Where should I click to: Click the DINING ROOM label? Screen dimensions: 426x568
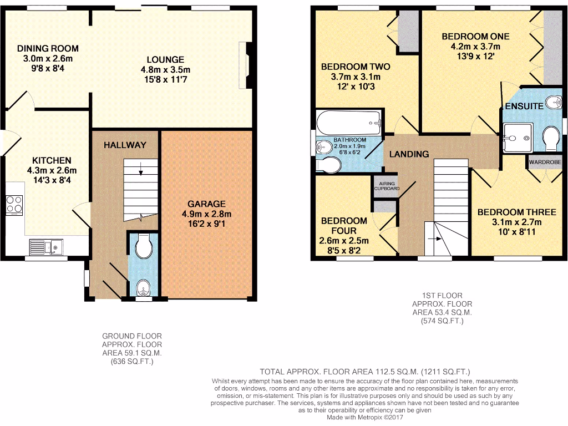[x=47, y=48]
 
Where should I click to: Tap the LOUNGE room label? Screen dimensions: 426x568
[x=165, y=59]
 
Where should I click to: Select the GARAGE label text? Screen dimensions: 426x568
[x=206, y=204]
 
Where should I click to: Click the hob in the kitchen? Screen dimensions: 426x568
[x=14, y=205]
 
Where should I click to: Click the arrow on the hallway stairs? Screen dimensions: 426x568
[x=141, y=168]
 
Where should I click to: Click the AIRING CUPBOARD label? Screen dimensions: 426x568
[x=387, y=185]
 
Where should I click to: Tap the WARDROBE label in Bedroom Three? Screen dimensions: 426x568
[x=545, y=162]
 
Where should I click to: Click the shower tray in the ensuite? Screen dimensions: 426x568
[x=518, y=137]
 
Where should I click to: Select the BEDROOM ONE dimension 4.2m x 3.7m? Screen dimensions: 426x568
[x=475, y=47]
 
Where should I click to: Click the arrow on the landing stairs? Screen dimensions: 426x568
[x=438, y=239]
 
